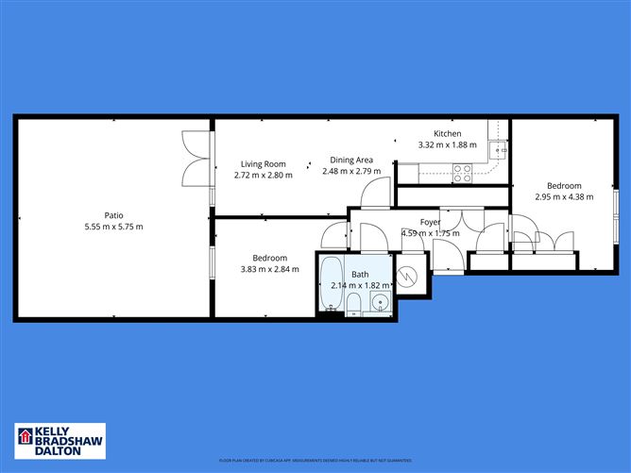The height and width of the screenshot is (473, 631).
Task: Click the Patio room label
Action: (x=113, y=214)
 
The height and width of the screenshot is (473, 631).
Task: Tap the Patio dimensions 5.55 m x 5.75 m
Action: (x=113, y=227)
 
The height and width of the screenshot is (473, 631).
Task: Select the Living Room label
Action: (x=263, y=163)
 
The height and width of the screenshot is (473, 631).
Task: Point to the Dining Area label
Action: (x=351, y=160)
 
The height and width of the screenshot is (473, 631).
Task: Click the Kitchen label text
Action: (x=447, y=133)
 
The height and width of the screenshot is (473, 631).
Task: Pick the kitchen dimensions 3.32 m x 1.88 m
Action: (x=447, y=144)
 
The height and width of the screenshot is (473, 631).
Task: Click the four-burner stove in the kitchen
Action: (x=463, y=173)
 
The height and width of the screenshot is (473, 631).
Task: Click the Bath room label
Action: (x=360, y=275)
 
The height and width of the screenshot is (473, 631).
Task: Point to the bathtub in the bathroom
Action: (x=331, y=284)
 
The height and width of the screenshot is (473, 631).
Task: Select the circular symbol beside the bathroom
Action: (x=410, y=277)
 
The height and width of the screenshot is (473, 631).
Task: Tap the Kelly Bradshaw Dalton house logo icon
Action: (x=23, y=437)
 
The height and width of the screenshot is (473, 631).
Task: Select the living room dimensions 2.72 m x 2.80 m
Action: (x=263, y=175)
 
